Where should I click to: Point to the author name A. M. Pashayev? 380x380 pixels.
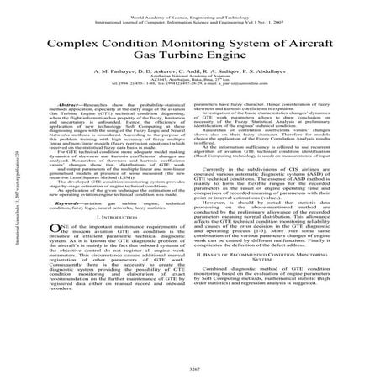[x=124, y=73]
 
